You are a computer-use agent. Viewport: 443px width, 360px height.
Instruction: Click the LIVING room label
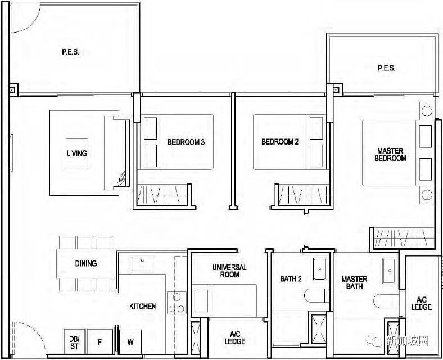point(77,153)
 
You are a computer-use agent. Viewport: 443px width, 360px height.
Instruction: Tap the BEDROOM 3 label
point(186,142)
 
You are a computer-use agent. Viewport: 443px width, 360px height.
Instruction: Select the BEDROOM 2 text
point(280,141)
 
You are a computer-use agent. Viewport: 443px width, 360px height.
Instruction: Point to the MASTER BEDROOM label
point(390,154)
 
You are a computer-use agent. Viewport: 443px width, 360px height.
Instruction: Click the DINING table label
point(86,263)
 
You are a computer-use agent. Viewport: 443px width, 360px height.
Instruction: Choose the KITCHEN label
point(143,307)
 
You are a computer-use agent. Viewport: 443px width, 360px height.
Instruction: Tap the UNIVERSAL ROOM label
point(229,271)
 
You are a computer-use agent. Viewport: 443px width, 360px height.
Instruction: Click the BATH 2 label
point(291,279)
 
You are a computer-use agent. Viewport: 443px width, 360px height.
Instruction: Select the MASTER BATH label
point(354,282)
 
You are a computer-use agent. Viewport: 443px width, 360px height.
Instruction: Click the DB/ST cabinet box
point(75,341)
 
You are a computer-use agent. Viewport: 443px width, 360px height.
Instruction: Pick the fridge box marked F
point(100,341)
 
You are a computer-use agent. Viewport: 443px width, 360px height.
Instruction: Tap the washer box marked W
point(130,341)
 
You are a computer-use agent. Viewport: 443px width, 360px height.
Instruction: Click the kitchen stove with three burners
point(177,303)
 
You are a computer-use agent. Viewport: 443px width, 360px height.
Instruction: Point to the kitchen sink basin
point(142,264)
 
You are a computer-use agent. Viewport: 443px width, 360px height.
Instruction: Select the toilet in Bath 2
point(317,295)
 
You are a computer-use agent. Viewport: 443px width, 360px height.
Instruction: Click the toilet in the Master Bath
point(386,301)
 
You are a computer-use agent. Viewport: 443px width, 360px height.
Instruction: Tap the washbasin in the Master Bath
point(390,271)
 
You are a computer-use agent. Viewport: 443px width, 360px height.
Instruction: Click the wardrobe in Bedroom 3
point(162,195)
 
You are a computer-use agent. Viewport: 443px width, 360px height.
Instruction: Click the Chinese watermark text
point(408,341)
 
